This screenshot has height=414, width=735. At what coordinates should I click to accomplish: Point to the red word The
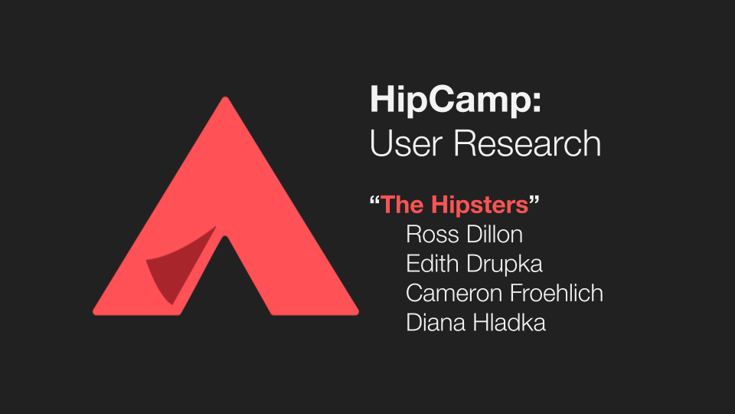403,205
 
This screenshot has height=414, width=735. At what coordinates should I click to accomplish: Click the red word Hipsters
479,205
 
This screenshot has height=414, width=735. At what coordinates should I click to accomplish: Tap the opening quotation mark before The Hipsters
374,200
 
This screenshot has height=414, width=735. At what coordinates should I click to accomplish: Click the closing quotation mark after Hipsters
534,200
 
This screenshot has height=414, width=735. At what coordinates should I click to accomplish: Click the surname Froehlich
557,293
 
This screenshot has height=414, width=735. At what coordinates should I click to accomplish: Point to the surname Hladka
509,323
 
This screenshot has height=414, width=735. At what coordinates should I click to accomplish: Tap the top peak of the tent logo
225,97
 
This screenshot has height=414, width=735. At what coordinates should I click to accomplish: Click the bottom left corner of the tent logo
93,314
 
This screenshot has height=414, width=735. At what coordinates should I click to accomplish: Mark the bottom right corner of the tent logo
358,314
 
